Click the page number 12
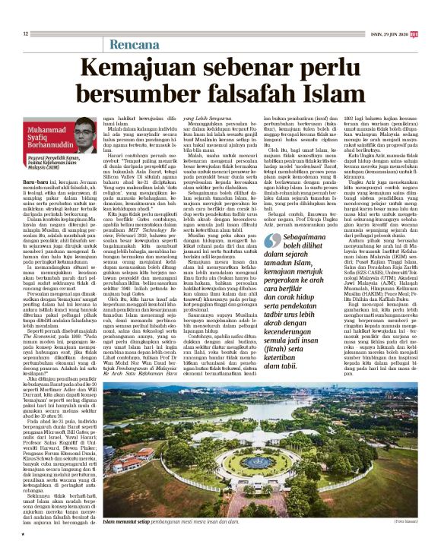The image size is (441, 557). (x=25, y=33)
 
